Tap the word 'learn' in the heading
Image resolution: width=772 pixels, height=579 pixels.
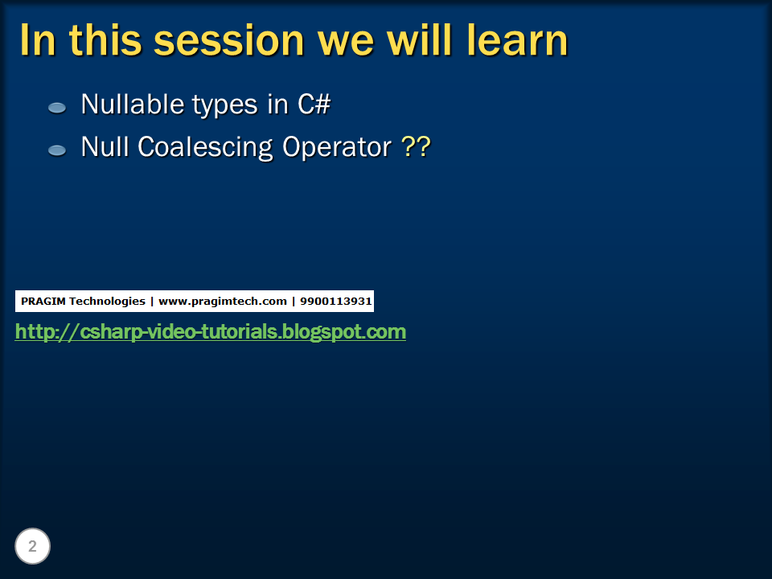pos(517,40)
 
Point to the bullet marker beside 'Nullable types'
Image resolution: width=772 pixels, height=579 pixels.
pos(57,107)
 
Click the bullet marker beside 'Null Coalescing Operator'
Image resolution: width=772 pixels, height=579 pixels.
pos(57,150)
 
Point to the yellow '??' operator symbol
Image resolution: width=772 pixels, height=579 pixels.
pos(416,147)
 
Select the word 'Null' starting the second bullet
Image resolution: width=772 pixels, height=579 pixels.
pos(105,147)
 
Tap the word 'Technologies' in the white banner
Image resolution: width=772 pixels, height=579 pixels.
pos(106,302)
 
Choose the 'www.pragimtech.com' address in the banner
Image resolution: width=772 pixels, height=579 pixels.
pos(223,302)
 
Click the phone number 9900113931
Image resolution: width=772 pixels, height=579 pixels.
pos(336,302)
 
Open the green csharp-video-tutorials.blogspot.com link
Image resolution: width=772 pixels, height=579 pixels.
pos(211,331)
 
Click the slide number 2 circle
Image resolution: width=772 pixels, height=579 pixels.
pos(32,547)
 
